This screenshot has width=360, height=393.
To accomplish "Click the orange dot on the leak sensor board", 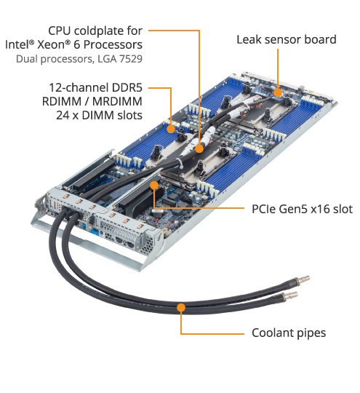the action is pyautogui.click(x=278, y=92).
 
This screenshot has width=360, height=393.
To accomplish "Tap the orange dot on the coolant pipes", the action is pyautogui.click(x=181, y=307).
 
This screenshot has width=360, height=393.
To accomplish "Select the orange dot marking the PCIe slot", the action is pyautogui.click(x=154, y=186).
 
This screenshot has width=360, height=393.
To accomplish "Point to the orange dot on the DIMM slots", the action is pyautogui.click(x=171, y=129).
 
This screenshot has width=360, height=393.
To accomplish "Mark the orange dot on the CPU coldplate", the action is pyautogui.click(x=199, y=148).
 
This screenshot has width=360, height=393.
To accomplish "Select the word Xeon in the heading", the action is pyautogui.click(x=51, y=45).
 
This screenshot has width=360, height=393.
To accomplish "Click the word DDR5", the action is pyautogui.click(x=127, y=88).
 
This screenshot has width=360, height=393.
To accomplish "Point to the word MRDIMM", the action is pyautogui.click(x=117, y=101).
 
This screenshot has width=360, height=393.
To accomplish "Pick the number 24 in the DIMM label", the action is pyautogui.click(x=63, y=116).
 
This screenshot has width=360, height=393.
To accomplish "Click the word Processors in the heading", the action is pyautogui.click(x=113, y=45).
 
